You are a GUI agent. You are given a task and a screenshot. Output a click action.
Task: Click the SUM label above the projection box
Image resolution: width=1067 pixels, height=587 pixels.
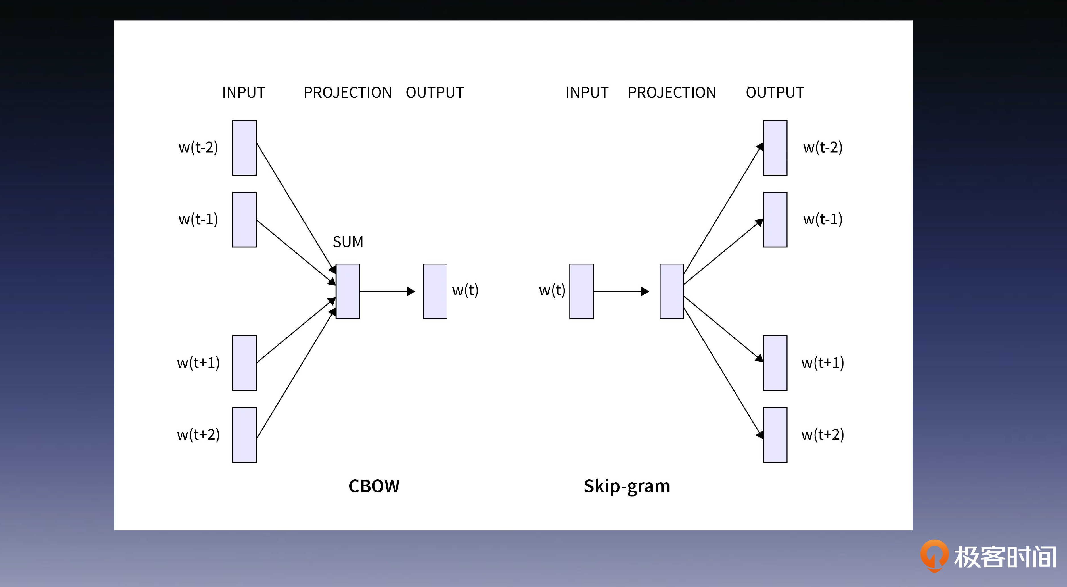click(x=348, y=241)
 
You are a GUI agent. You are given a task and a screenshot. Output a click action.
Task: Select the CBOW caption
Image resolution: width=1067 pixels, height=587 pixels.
click(x=374, y=486)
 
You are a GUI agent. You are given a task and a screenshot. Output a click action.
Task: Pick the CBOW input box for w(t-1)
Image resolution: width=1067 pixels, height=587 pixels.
click(x=244, y=220)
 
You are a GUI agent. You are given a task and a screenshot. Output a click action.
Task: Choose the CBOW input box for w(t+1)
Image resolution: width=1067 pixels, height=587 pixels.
click(x=244, y=363)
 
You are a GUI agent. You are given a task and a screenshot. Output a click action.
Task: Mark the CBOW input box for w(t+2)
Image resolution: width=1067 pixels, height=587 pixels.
click(x=244, y=435)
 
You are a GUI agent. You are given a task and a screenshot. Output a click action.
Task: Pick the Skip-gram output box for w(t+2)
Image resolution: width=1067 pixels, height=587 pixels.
click(x=775, y=435)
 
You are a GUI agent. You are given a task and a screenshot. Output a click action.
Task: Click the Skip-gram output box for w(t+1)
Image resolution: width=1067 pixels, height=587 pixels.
click(x=775, y=363)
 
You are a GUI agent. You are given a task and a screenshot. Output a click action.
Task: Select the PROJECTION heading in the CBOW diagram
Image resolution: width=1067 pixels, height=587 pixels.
click(x=348, y=92)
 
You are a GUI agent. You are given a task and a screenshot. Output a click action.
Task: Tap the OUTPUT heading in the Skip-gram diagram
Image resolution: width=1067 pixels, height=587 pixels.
click(x=775, y=92)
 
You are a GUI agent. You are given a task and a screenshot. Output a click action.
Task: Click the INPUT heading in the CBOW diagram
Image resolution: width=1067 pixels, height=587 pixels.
click(x=244, y=92)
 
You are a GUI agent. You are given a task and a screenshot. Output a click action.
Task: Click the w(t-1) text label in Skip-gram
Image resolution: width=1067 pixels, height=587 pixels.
click(x=823, y=219)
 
